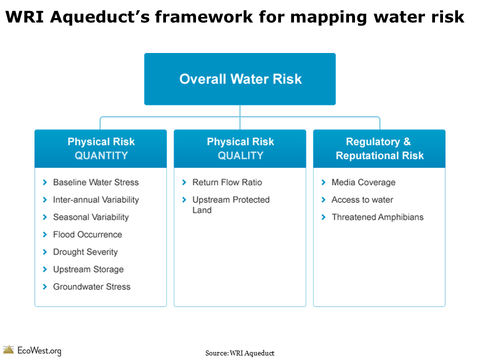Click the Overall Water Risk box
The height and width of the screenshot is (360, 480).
pos(240,79)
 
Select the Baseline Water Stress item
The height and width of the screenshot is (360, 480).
pos(95,182)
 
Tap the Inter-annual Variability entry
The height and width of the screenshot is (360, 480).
pos(95,200)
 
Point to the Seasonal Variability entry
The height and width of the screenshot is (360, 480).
pos(90,217)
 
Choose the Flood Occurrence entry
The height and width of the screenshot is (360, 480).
pos(87,234)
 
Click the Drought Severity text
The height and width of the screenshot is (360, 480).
pos(85,252)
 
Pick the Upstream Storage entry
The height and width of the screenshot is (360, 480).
pos(88,269)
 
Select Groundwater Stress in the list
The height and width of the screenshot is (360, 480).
pos(91,287)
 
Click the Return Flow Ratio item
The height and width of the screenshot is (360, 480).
pos(227,182)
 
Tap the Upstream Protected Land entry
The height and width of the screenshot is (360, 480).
pos(230,205)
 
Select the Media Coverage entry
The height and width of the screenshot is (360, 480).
pos(363,182)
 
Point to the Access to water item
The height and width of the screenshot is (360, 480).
pos(362,200)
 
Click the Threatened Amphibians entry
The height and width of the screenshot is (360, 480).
pos(377,217)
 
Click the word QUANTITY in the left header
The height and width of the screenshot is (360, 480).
pos(101,155)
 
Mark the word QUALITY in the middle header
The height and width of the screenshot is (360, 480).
pos(240,155)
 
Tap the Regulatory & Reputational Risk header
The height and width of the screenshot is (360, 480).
pos(379,148)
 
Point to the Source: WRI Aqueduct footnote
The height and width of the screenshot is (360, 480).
pos(239,353)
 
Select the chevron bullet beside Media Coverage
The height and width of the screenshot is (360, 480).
pos(323,182)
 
